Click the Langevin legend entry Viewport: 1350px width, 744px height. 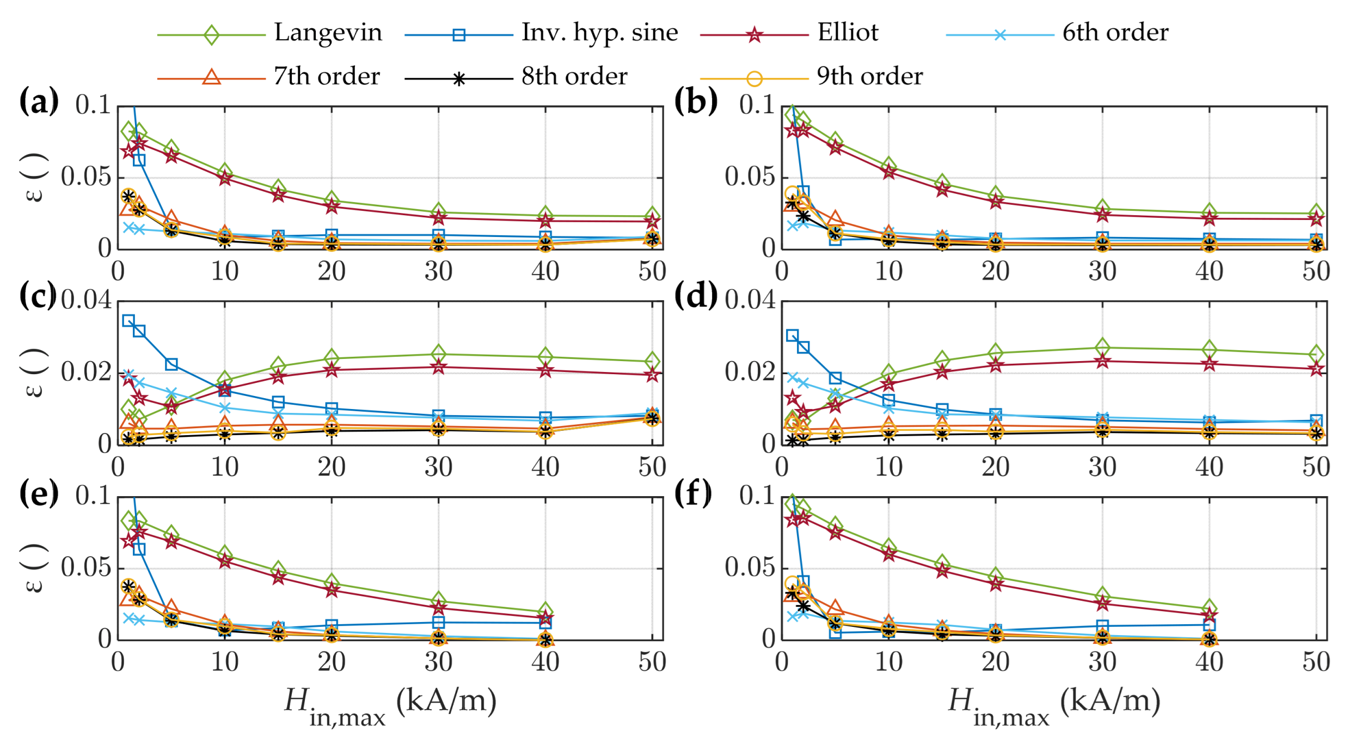(328, 33)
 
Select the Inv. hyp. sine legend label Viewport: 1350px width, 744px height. (599, 33)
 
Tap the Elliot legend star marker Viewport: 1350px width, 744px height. (754, 35)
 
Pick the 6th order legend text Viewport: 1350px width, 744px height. (1115, 33)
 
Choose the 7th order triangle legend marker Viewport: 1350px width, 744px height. (211, 78)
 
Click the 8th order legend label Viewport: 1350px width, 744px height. (574, 76)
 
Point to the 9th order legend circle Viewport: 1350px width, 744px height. (754, 79)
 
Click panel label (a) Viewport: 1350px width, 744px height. (39, 102)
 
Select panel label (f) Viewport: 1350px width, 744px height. (692, 493)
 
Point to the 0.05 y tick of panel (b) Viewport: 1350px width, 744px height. (749, 177)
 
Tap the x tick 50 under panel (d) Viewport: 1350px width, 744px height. (1316, 467)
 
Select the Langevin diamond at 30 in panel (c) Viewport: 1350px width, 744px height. (438, 354)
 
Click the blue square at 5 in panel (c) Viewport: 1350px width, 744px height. (171, 364)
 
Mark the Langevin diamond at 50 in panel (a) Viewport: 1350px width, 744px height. (653, 216)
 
